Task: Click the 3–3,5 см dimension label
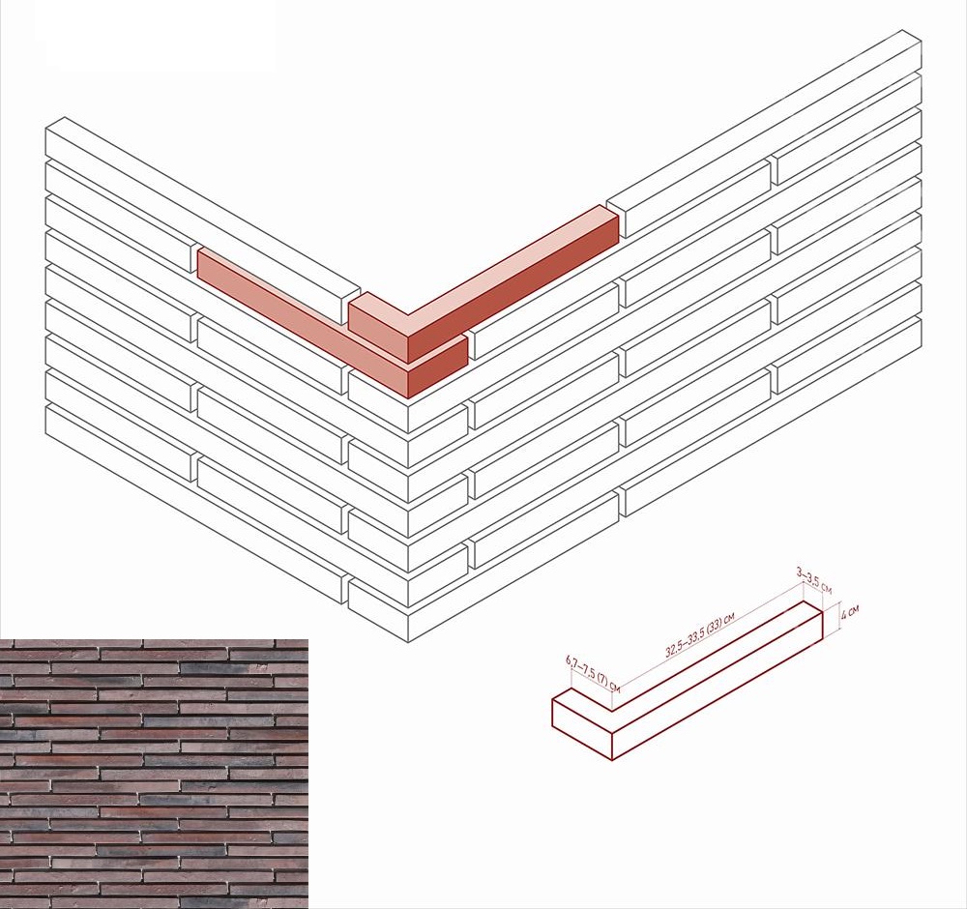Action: (814, 581)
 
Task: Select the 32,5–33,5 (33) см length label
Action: (699, 635)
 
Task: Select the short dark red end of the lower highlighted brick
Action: (437, 367)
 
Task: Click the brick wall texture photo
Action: (154, 774)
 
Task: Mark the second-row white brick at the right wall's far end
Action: (849, 129)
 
